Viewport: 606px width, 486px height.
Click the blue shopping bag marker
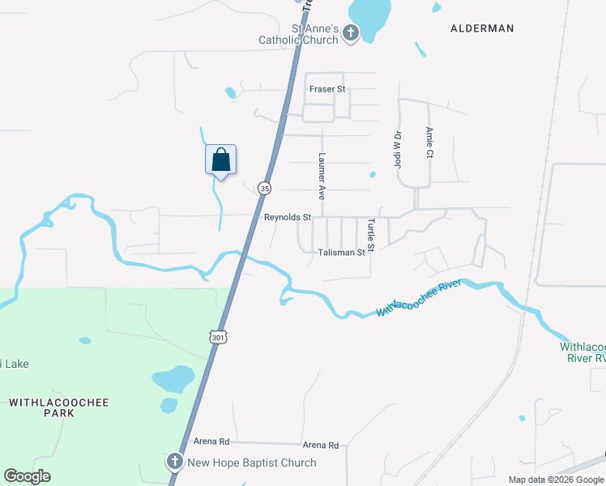click(x=220, y=159)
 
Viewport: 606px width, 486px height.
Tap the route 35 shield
click(x=264, y=188)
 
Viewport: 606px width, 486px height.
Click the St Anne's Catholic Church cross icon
click(x=351, y=33)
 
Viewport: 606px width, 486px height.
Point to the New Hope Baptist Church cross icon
click(x=174, y=463)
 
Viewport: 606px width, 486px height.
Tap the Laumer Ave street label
click(x=322, y=177)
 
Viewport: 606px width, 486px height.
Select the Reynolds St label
click(x=288, y=217)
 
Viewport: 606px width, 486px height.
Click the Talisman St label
click(x=341, y=253)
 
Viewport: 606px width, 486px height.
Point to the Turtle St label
click(x=370, y=235)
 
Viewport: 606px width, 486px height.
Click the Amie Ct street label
click(x=429, y=143)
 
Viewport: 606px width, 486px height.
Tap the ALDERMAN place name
click(x=482, y=28)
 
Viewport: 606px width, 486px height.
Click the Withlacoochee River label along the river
click(x=419, y=298)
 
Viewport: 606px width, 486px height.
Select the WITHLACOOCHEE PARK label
click(x=58, y=407)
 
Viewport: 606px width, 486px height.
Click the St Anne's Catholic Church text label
click(x=298, y=34)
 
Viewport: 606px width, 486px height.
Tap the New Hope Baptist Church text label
click(x=252, y=463)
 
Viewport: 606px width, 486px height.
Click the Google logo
click(x=27, y=476)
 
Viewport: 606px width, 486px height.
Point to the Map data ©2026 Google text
click(x=555, y=480)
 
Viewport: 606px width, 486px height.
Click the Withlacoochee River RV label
click(x=583, y=352)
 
